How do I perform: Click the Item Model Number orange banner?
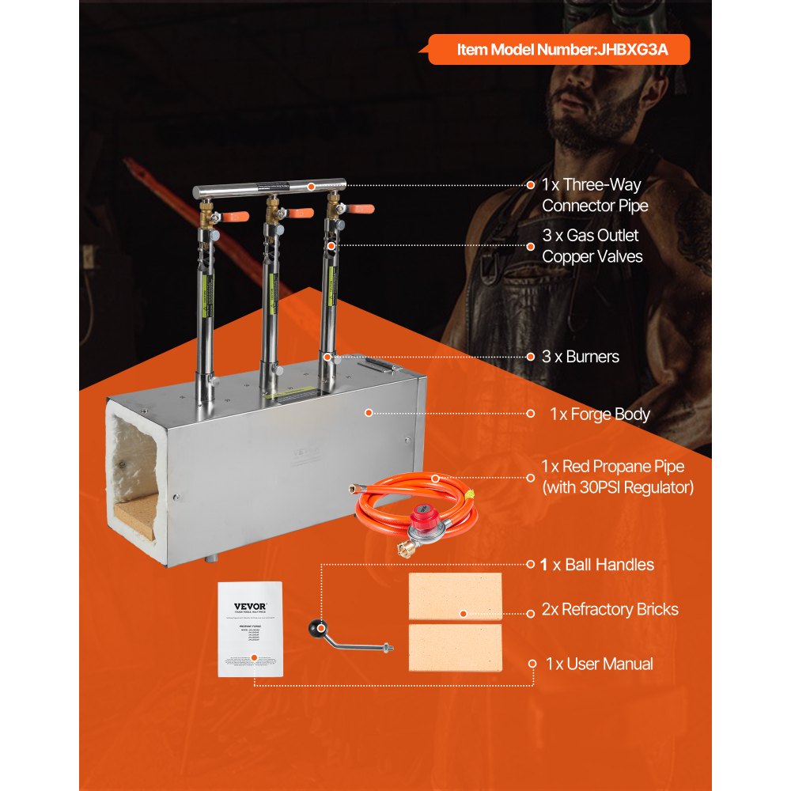[558, 50]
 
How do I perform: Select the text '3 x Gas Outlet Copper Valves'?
[592, 245]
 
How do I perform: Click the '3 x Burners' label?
[581, 357]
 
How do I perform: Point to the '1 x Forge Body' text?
[600, 414]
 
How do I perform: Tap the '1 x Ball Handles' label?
[597, 565]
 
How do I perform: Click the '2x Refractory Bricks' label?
[609, 609]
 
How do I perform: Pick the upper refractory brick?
[455, 596]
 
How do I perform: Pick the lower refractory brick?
[455, 648]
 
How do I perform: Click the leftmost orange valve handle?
[237, 216]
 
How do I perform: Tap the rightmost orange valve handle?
[360, 210]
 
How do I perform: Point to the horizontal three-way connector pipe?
[269, 190]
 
